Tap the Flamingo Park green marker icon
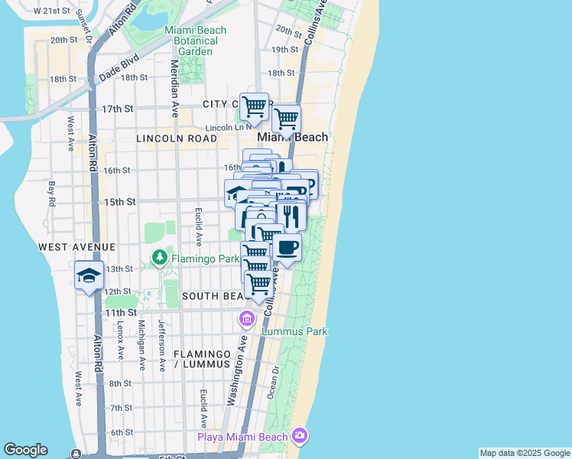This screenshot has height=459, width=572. (x=160, y=259)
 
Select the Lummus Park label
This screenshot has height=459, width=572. (x=294, y=331)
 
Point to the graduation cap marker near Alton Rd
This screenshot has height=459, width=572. (x=89, y=275)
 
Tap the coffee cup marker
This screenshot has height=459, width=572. (x=287, y=248)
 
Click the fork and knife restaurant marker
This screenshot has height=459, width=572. (x=291, y=216)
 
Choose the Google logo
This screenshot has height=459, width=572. (x=25, y=450)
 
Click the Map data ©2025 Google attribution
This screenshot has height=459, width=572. (x=525, y=453)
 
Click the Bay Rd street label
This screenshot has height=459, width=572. (x=52, y=194)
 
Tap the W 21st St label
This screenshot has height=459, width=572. (x=51, y=11)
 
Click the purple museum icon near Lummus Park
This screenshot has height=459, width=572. (x=247, y=318)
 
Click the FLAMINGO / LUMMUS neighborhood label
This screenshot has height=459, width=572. (x=202, y=360)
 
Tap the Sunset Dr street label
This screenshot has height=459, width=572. (x=88, y=34)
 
